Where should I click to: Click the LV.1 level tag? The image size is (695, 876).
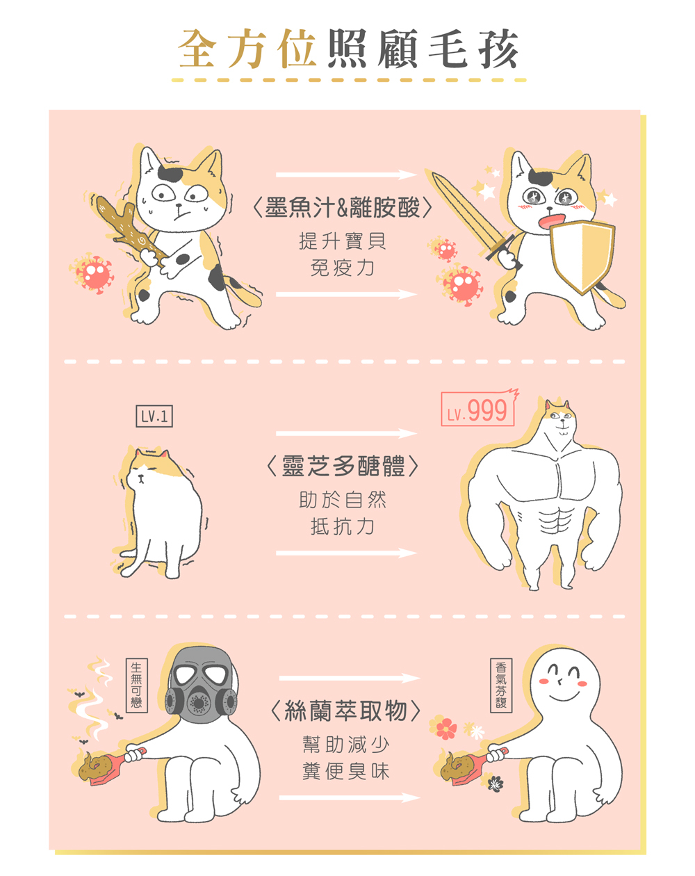click(x=154, y=416)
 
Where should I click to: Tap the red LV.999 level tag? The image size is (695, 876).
click(x=479, y=408)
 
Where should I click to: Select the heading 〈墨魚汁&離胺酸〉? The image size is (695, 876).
click(x=342, y=208)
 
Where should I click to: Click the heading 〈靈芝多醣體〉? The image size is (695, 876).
click(x=342, y=466)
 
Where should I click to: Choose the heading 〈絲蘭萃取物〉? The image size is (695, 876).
click(x=345, y=711)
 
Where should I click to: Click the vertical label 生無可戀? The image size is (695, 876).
click(x=137, y=685)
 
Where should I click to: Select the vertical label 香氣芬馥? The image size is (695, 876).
click(x=501, y=685)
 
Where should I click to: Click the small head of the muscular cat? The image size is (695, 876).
click(x=561, y=419)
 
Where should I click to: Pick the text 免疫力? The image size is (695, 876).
click(x=342, y=268)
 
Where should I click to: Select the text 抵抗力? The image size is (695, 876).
click(x=342, y=526)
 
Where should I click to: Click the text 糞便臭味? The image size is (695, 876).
click(x=345, y=771)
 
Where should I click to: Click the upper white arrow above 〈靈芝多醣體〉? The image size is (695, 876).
click(x=346, y=434)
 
